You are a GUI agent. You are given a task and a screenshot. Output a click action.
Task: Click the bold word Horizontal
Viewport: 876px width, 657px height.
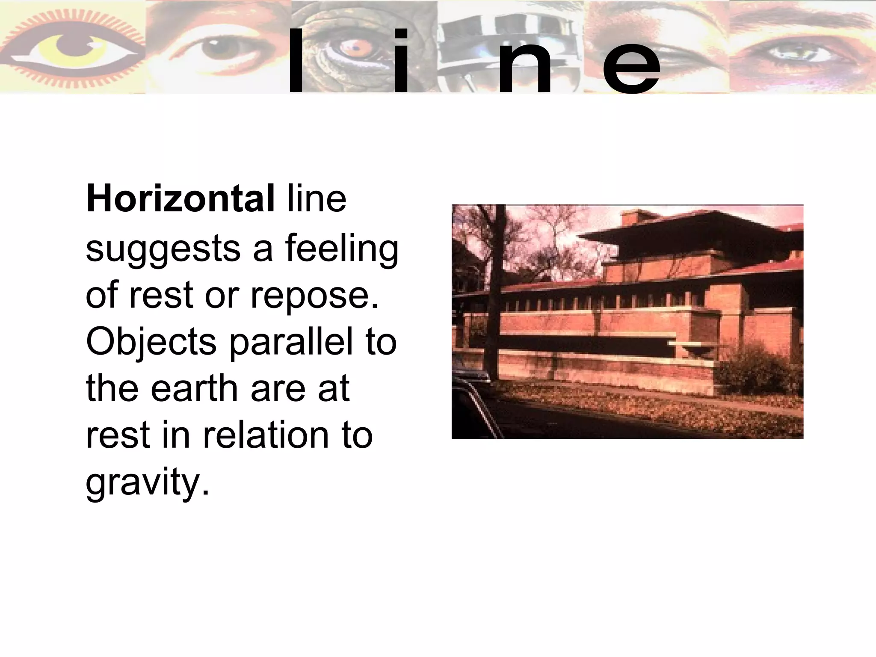point(180,199)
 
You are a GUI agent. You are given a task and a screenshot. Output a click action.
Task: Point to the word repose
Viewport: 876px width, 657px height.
point(314,296)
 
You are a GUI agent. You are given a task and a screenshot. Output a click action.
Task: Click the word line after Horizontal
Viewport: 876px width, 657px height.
point(317,199)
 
